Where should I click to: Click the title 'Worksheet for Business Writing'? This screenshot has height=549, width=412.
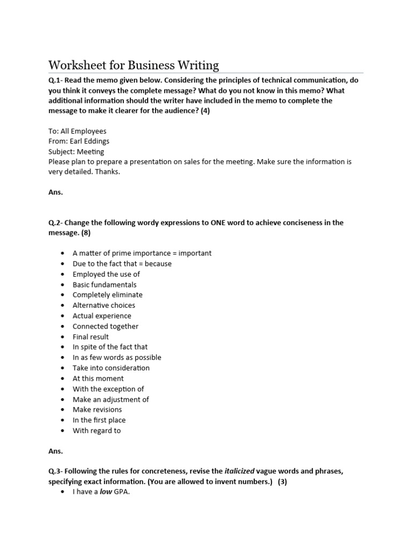(134, 65)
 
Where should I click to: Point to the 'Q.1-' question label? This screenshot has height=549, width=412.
(56, 80)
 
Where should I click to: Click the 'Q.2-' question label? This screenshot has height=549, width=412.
(56, 222)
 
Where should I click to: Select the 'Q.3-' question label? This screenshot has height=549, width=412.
(56, 471)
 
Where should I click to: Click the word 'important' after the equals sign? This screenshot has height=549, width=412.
(195, 253)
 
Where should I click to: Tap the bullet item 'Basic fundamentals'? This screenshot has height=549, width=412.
(105, 285)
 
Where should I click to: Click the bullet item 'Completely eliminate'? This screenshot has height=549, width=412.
(107, 295)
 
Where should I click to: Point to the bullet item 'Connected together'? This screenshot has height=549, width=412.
(105, 326)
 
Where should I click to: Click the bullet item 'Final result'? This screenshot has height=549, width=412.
(91, 337)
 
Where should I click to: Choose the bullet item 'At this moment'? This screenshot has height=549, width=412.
(98, 379)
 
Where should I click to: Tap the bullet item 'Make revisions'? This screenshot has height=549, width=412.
(97, 410)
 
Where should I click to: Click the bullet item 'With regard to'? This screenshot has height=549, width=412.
(97, 431)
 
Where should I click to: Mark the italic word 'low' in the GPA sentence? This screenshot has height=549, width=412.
(107, 492)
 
